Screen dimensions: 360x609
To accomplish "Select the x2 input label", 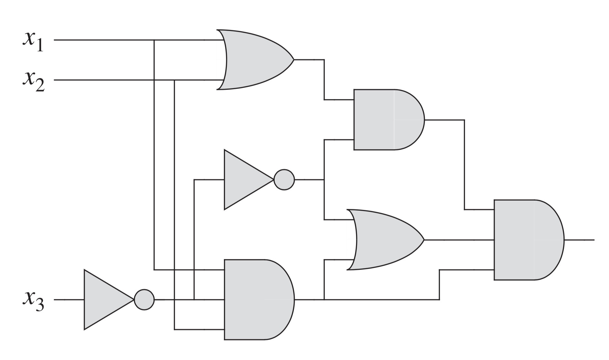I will tap(34, 81).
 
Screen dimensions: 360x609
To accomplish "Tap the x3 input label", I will tap(33, 302).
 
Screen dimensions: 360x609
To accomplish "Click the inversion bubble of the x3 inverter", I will tap(144, 300).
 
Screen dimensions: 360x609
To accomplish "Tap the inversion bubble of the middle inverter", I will tap(284, 179).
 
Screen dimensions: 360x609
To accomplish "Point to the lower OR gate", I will tap(384, 240).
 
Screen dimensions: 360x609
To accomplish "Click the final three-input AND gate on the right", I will tap(527, 240).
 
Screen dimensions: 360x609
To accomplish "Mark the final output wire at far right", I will tap(580, 240).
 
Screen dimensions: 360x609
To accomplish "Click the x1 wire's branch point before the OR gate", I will tap(154, 40).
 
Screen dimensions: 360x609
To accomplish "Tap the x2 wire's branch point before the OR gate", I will tap(174, 80).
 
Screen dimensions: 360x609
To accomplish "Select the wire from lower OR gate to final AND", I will tap(459, 240).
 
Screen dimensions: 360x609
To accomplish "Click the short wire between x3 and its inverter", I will tap(69, 300).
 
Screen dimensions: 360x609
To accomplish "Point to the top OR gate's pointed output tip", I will tap(293, 60).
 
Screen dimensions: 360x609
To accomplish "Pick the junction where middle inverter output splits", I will tap(324, 179).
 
